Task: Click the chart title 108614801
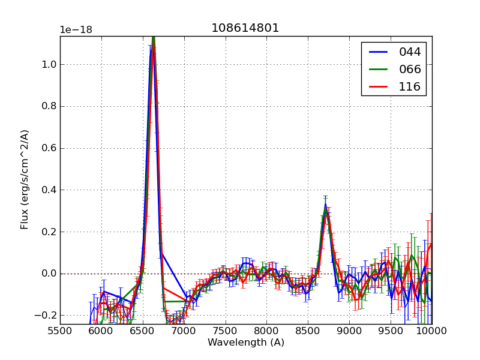245,28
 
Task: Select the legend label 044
410,52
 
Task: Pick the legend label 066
410,69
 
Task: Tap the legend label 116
410,86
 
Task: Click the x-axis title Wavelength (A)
246,343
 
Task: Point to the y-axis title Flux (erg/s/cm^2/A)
25,179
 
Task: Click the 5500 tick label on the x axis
60,332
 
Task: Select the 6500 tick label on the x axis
143,332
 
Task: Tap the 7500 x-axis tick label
226,332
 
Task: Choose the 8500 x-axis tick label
308,332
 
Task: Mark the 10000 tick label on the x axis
431,332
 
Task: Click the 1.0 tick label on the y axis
48,65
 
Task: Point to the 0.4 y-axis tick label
48,190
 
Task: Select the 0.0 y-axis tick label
48,274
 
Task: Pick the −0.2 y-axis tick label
46,316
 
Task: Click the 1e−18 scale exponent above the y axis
76,30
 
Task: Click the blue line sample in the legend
378,52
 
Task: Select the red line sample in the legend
378,86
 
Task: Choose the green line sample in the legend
378,69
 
